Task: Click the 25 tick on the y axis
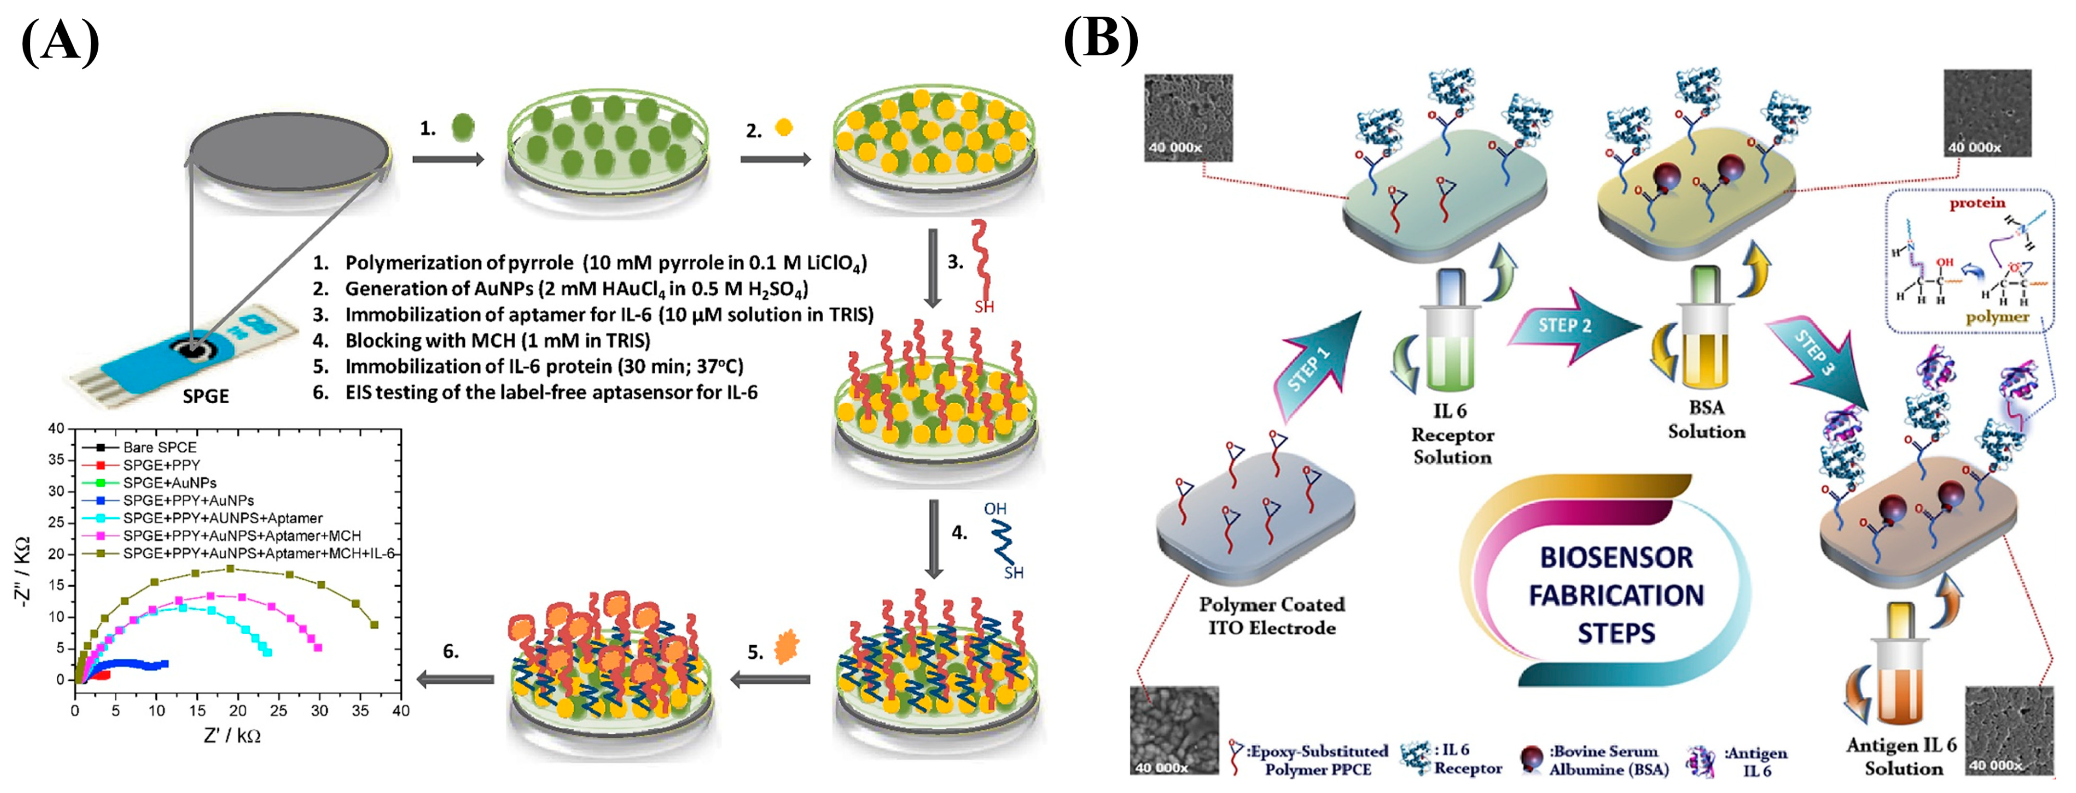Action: (x=56, y=522)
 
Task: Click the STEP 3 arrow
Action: (x=1817, y=355)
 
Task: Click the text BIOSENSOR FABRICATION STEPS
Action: (x=1616, y=595)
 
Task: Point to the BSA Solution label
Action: (x=1706, y=419)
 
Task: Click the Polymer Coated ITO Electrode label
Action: (x=1271, y=616)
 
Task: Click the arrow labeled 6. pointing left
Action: (x=455, y=679)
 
